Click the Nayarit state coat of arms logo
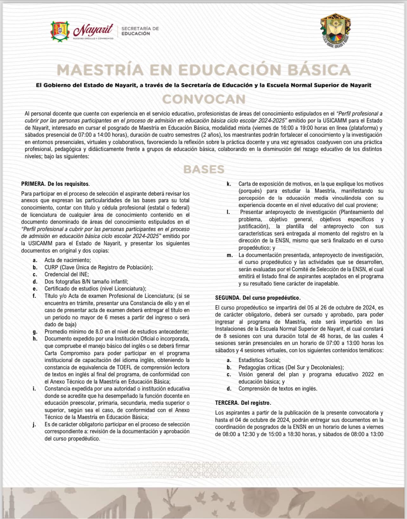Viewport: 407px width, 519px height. point(60,31)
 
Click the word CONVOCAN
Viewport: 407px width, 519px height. point(204,99)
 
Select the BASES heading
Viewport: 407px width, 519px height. point(204,169)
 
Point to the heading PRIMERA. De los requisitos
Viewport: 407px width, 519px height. point(55,184)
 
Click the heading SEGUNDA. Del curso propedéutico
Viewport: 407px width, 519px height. point(258,298)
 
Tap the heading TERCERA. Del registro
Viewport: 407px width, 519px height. point(243,403)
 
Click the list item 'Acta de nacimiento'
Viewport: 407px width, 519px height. point(68,260)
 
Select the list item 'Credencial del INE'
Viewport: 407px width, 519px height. point(67,274)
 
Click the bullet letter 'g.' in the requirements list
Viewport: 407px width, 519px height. point(35,332)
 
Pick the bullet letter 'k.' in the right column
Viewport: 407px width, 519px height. point(229,184)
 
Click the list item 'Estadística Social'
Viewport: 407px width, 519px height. point(259,360)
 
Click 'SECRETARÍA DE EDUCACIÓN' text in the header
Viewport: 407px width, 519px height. point(140,31)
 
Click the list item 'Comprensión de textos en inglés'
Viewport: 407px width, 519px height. point(278,389)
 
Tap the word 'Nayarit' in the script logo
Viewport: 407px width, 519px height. point(93,30)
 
